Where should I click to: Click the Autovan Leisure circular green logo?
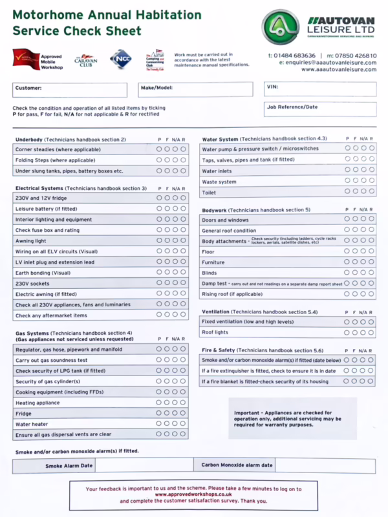click(x=280, y=26)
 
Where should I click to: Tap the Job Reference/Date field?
click(x=319, y=111)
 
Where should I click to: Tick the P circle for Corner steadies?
click(x=160, y=149)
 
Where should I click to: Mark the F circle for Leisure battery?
click(x=167, y=209)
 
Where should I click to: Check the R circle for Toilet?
click(x=371, y=191)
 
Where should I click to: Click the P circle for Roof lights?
click(x=347, y=332)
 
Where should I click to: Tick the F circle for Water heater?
click(x=167, y=424)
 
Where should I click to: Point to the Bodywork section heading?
click(x=219, y=210)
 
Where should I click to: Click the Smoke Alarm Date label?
click(x=69, y=465)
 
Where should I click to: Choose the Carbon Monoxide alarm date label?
click(x=237, y=465)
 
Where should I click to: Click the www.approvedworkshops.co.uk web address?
click(x=193, y=494)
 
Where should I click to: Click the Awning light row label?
click(x=32, y=240)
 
